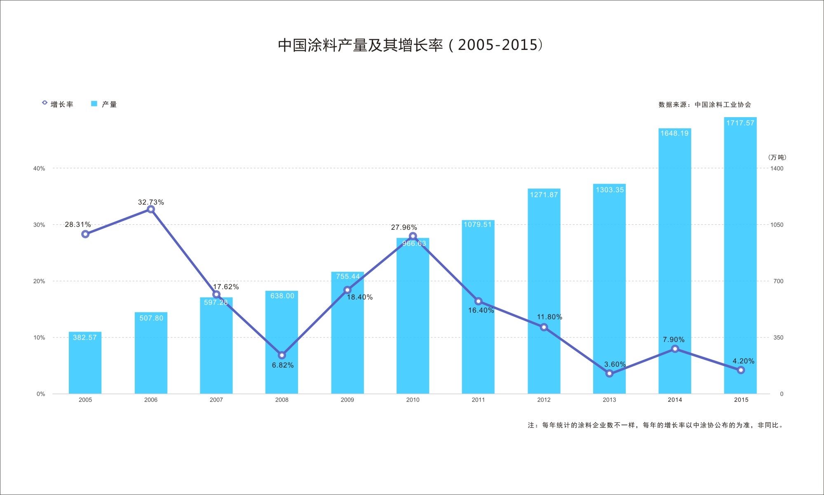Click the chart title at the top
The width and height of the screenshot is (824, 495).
pos(410,45)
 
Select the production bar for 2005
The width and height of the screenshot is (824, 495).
pos(85,363)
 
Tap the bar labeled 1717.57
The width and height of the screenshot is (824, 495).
pos(740,256)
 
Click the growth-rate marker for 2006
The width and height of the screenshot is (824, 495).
pos(151,210)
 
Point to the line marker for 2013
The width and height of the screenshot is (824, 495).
pos(609,374)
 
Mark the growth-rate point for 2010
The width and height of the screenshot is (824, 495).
pos(413,236)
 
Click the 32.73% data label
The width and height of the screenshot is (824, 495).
pos(151,202)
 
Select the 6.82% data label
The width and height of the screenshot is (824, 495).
pos(283,365)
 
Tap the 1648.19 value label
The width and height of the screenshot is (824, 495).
pos(674,133)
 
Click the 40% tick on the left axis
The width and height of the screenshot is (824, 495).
pos(39,168)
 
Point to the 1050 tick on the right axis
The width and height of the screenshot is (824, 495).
pos(777,225)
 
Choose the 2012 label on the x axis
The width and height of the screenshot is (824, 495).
pos(544,400)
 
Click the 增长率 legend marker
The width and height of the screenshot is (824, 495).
pos(45,103)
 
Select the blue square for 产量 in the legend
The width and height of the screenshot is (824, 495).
pos(94,104)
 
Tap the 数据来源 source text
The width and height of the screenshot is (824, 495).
pos(704,105)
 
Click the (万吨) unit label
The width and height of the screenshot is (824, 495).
pos(777,157)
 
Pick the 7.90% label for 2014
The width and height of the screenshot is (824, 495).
pos(674,339)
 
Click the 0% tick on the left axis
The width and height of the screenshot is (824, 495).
pos(41,394)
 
